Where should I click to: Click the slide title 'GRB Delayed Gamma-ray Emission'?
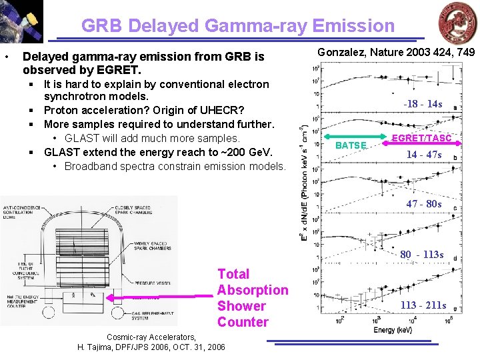238,26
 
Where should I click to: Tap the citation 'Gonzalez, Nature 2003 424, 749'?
396,52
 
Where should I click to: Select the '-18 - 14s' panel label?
423,104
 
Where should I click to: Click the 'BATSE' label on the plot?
351,145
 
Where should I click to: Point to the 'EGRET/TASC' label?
421,138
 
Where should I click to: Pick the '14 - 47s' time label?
424,155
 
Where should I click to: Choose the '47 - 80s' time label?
424,204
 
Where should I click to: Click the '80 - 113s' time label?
421,255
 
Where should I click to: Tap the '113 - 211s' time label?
423,305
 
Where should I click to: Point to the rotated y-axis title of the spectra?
303,181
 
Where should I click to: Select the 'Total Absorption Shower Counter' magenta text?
252,298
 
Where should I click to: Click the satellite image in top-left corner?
21,21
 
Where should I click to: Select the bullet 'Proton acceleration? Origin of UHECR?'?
143,110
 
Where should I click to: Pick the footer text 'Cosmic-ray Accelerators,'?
151,337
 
